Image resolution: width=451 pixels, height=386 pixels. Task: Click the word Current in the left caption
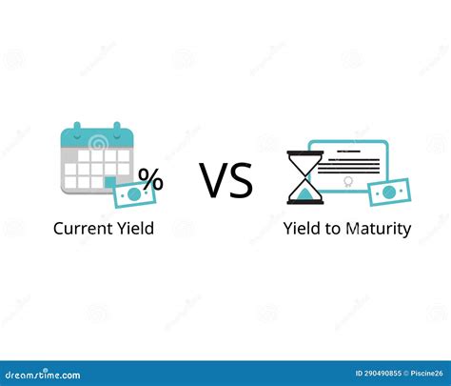81,228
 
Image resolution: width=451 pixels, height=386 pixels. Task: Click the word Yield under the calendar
133,228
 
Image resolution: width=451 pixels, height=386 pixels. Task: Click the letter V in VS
213,180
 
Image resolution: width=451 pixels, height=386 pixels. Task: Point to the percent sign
149,178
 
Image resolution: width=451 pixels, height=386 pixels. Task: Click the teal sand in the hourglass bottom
304,194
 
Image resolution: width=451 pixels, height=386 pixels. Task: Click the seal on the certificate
348,181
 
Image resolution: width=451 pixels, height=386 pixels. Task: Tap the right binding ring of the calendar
115,130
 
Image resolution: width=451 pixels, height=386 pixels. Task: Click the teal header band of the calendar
94,141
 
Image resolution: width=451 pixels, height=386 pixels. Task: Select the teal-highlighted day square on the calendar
111,181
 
